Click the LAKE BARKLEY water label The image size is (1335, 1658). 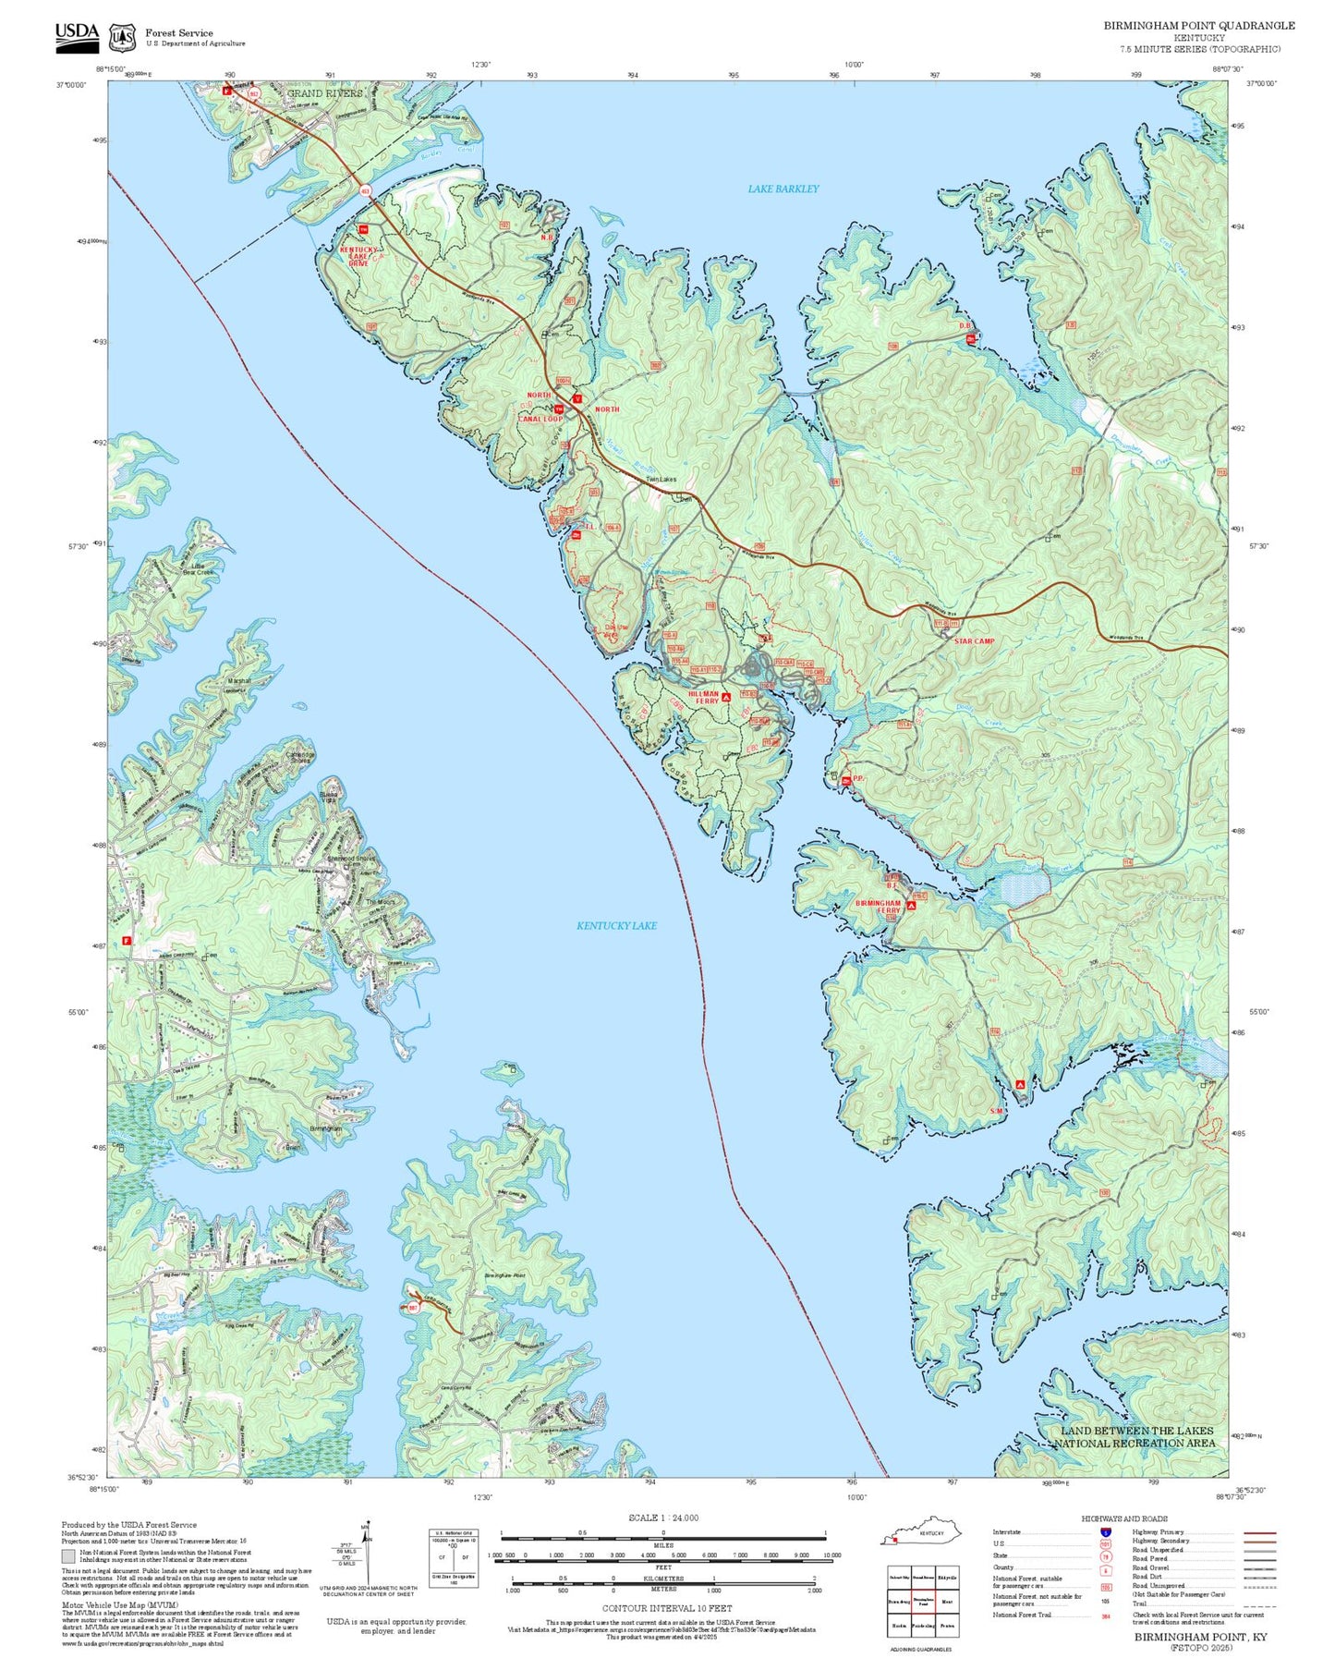click(x=783, y=189)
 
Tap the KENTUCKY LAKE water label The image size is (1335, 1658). click(x=616, y=925)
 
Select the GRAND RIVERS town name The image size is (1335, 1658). click(x=324, y=93)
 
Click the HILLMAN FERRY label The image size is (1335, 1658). click(x=703, y=698)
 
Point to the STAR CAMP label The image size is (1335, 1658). click(x=974, y=640)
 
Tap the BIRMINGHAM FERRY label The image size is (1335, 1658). click(x=878, y=907)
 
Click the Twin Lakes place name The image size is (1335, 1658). click(x=661, y=480)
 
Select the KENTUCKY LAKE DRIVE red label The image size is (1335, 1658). click(x=358, y=256)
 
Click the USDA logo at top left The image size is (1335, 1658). click(x=77, y=34)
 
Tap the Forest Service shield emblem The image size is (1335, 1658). click(x=122, y=38)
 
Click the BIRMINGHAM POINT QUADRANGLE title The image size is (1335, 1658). click(x=1198, y=26)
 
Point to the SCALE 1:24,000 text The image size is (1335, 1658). click(x=662, y=1518)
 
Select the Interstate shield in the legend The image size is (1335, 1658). click(x=1106, y=1532)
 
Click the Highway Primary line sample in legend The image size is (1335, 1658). click(x=1259, y=1532)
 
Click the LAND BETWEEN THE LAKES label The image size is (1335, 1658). click(x=1135, y=1436)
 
